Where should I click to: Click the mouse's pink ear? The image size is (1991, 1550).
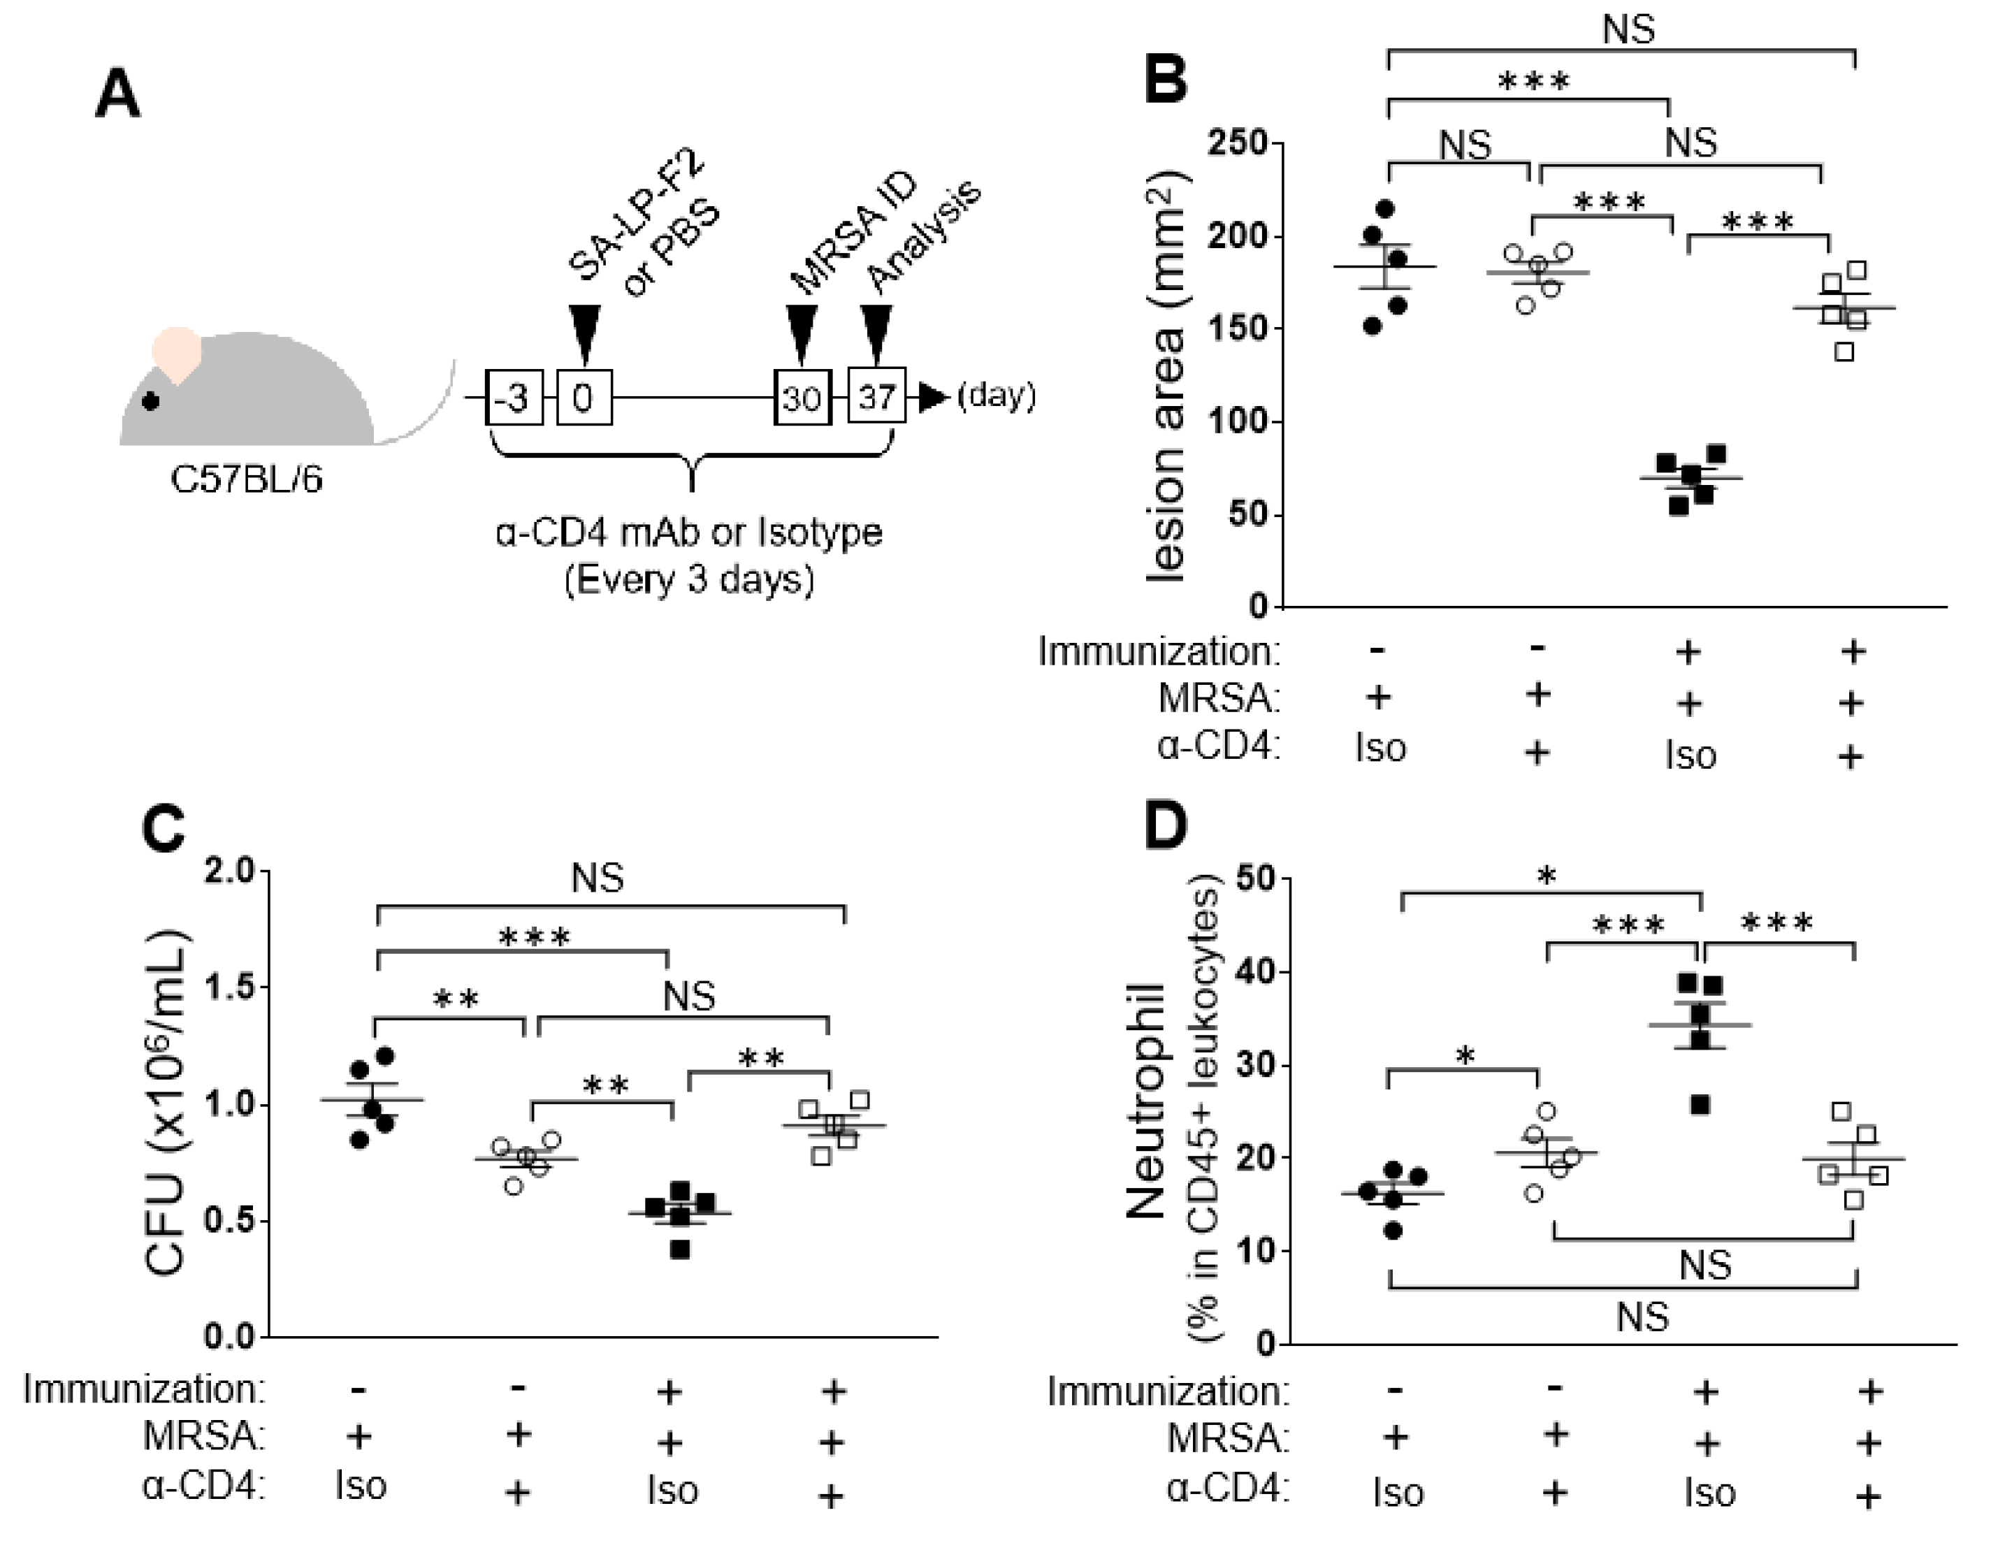tap(177, 354)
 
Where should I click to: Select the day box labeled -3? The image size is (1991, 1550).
tap(515, 398)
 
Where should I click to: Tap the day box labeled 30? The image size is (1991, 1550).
tap(802, 398)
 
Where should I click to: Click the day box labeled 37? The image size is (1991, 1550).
tap(877, 397)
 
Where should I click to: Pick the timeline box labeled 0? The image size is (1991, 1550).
tap(584, 398)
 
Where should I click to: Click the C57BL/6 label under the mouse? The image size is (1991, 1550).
tap(246, 479)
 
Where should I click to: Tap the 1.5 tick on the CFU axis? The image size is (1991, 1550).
tap(230, 987)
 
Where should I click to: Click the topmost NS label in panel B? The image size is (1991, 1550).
tap(1628, 29)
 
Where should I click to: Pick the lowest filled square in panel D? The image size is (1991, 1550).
tap(1700, 1105)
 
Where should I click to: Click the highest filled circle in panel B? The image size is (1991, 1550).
tap(1385, 210)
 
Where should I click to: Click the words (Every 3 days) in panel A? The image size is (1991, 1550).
tap(689, 581)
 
